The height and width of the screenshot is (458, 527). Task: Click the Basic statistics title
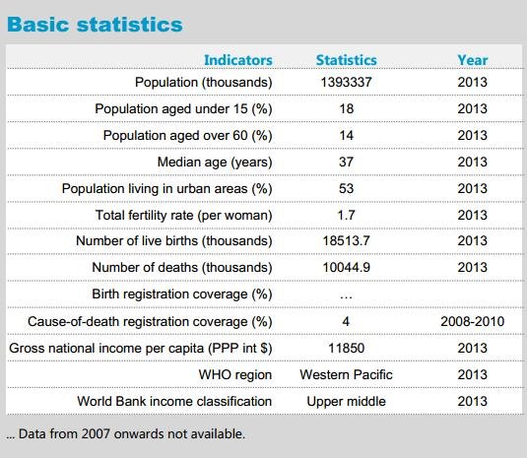click(x=95, y=25)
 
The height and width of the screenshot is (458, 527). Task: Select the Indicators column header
click(x=238, y=60)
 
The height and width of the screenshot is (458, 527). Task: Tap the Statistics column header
click(x=346, y=60)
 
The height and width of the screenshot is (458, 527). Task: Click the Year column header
click(x=472, y=60)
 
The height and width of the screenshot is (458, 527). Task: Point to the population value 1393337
click(x=346, y=82)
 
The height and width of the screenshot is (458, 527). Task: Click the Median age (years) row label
click(x=215, y=163)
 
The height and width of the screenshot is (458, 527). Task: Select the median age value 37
click(x=346, y=162)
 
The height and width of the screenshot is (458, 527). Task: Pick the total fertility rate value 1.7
click(x=346, y=215)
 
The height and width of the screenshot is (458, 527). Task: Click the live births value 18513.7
click(x=346, y=241)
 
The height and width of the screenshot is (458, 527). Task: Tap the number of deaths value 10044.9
click(x=346, y=268)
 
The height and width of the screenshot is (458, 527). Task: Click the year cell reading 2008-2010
click(x=472, y=321)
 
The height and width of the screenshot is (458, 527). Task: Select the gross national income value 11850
click(x=346, y=348)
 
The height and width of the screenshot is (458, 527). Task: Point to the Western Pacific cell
click(x=346, y=374)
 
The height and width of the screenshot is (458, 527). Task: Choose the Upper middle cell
click(x=346, y=402)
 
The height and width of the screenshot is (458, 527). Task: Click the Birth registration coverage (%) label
click(x=182, y=294)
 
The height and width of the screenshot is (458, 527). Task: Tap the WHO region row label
click(x=234, y=375)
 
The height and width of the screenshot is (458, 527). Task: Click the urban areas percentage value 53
click(x=346, y=188)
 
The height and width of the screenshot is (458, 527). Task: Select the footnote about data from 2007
click(x=125, y=433)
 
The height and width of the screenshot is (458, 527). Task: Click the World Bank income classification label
click(x=174, y=401)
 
